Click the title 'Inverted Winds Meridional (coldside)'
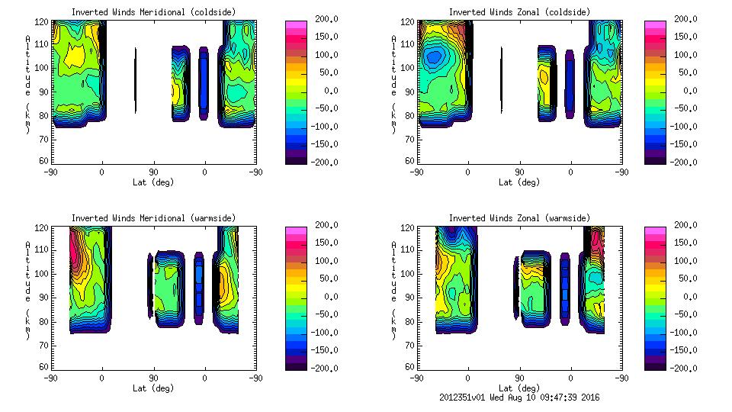[x=153, y=12]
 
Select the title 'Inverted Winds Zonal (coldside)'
[x=519, y=12]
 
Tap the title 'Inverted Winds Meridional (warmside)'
[x=153, y=218]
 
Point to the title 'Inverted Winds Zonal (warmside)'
[x=519, y=218]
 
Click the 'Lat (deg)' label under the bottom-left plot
[x=153, y=388]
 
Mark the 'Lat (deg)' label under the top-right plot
[x=519, y=182]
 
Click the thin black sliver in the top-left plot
[x=136, y=80]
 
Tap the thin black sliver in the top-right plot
[x=502, y=80]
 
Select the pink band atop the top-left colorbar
[x=295, y=24]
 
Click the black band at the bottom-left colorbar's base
[x=295, y=365]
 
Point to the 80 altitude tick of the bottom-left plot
[x=45, y=321]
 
